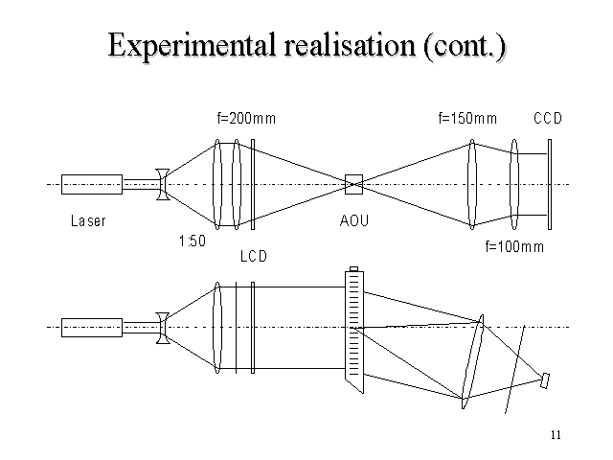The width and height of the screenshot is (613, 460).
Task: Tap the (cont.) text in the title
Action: (463, 46)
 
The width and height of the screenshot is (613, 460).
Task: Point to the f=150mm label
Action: (467, 119)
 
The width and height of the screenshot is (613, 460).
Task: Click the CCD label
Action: (547, 119)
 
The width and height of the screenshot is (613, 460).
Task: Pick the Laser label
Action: (88, 221)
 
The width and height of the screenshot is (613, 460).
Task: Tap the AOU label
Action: (354, 221)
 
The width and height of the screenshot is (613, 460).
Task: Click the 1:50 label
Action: (193, 241)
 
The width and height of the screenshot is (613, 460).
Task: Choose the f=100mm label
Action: (514, 247)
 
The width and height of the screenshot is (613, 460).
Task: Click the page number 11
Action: (556, 436)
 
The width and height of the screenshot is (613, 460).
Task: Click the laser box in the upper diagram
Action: (91, 183)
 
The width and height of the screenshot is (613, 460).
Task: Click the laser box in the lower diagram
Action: (91, 327)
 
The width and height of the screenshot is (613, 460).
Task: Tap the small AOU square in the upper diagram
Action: (354, 182)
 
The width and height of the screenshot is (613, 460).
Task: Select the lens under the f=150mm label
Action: (471, 183)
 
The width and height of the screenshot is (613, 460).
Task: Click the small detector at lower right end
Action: (545, 380)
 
